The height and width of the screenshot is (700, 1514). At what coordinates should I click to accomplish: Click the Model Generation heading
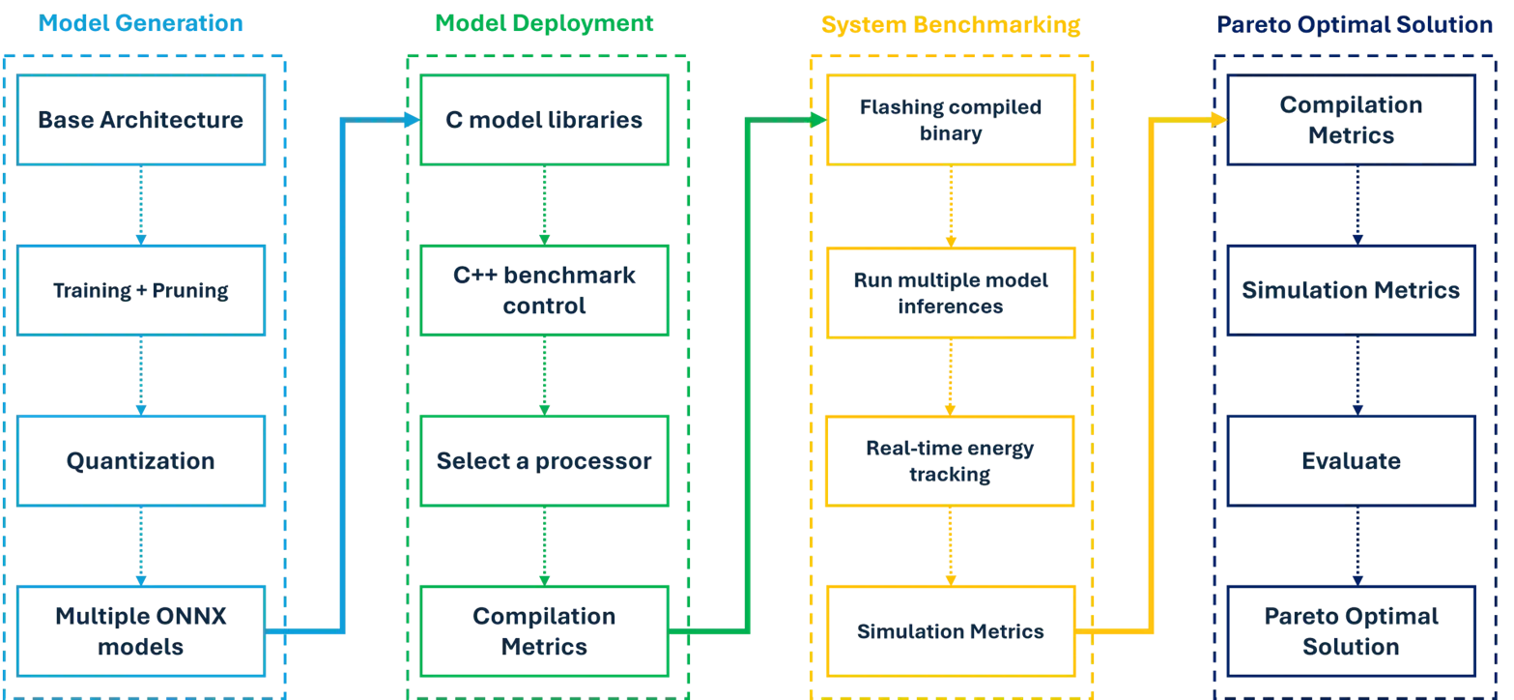point(142,24)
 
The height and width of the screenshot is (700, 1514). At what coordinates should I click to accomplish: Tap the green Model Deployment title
point(545,24)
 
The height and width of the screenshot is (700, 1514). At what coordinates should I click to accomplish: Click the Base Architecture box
point(142,120)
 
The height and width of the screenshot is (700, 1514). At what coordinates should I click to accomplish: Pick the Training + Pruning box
point(142,292)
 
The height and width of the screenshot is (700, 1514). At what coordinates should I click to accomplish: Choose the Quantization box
point(142,461)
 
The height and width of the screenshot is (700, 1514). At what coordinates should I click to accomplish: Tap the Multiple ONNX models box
point(142,630)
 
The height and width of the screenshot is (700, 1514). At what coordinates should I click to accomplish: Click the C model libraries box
point(545,120)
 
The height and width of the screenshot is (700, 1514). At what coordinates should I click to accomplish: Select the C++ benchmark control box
point(545,291)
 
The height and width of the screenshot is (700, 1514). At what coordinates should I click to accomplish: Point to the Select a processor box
point(545,460)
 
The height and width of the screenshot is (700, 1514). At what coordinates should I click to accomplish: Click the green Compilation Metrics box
point(545,630)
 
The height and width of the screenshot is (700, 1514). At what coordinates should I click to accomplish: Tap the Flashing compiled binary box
point(951,120)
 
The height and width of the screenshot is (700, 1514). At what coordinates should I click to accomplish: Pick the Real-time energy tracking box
point(951,461)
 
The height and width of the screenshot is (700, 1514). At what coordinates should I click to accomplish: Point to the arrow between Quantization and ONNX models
point(142,543)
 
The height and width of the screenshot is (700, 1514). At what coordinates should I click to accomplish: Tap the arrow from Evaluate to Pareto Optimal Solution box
point(1357,543)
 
